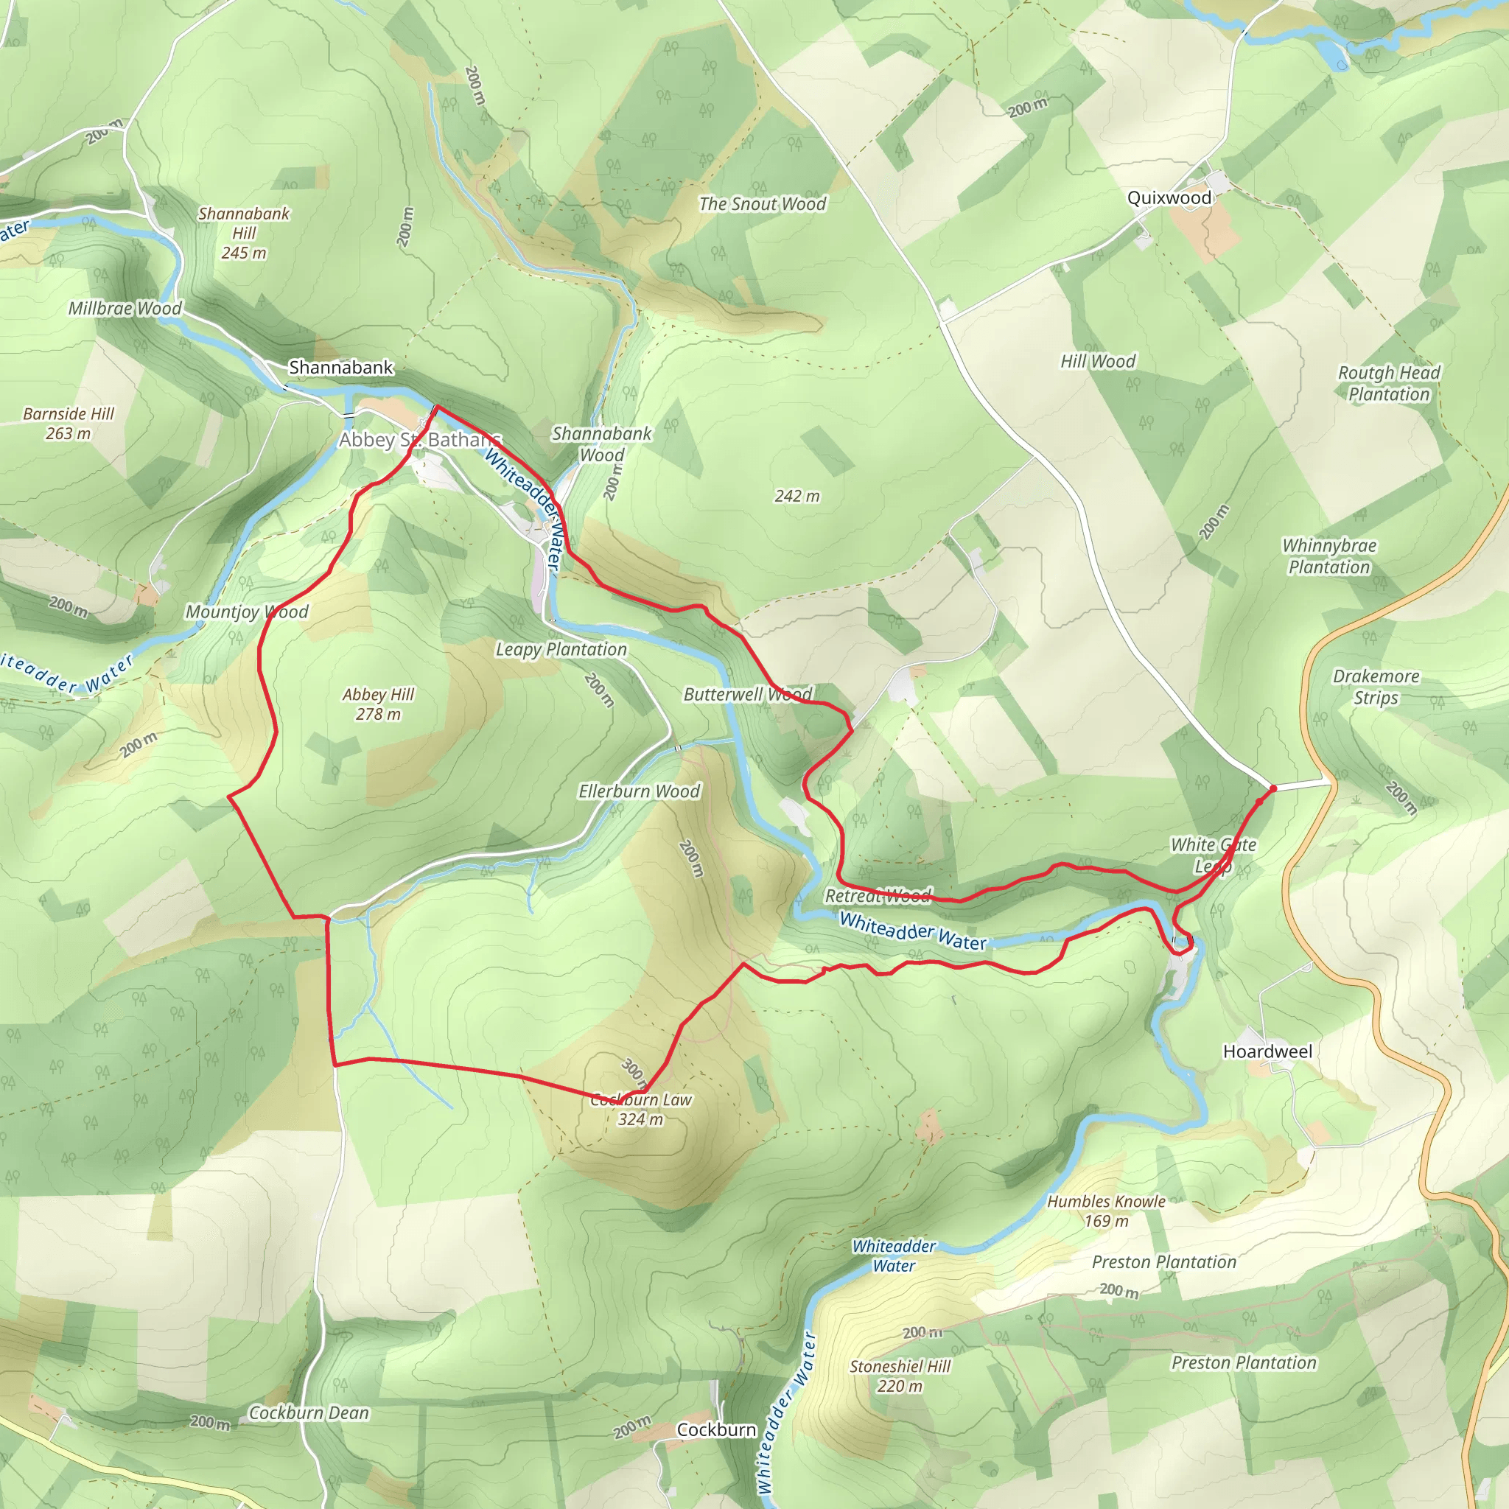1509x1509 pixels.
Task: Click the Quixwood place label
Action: (1169, 197)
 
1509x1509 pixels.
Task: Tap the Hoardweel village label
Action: (1267, 1051)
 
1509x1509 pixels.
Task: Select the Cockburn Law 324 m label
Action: (640, 1109)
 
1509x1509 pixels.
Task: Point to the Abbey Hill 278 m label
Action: (378, 704)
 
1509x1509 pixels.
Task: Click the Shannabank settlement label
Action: (340, 367)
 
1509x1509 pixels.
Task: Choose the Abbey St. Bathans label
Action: (419, 440)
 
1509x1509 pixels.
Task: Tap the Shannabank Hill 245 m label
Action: (244, 233)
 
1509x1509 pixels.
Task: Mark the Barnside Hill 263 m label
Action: (69, 424)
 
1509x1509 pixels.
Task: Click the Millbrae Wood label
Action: (125, 309)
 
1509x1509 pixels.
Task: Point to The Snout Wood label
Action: (763, 204)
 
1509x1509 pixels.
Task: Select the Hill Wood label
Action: (1097, 361)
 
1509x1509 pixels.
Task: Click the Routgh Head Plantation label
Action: (1389, 382)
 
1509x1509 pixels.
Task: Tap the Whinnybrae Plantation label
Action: (1329, 556)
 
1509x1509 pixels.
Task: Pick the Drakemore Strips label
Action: (1376, 687)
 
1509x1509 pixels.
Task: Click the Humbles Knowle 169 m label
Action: (1106, 1211)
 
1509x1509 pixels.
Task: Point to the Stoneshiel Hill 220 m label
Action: (900, 1376)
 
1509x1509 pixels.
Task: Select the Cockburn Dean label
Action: (309, 1413)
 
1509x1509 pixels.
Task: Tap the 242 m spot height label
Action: (796, 496)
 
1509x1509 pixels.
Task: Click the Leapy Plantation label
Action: (561, 649)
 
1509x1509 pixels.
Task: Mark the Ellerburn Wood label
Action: (639, 791)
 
